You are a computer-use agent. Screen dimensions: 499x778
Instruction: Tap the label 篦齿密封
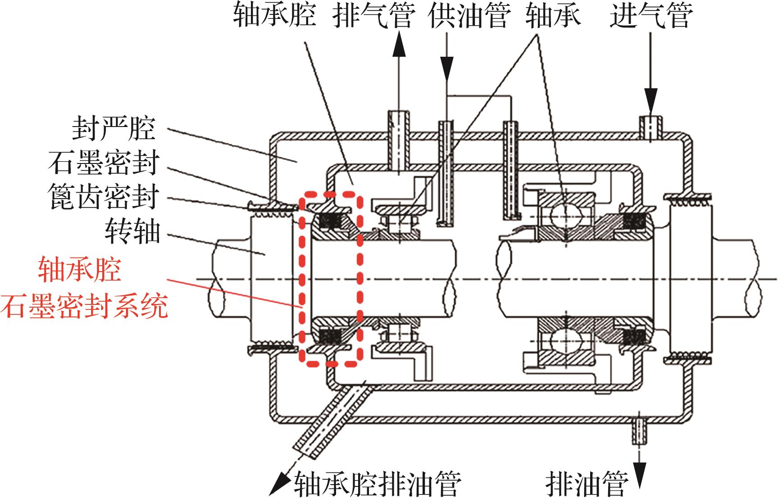click(104, 197)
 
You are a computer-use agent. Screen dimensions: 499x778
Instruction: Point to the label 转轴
click(132, 231)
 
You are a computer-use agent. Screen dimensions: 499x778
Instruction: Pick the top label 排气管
click(373, 16)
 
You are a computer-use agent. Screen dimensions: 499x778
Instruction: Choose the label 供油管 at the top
click(470, 16)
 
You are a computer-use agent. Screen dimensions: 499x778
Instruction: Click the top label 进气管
click(651, 16)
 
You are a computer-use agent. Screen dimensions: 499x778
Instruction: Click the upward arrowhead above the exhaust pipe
click(398, 45)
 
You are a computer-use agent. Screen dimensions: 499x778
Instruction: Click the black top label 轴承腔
click(274, 16)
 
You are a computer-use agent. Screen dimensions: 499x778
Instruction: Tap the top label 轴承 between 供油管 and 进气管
click(553, 16)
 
